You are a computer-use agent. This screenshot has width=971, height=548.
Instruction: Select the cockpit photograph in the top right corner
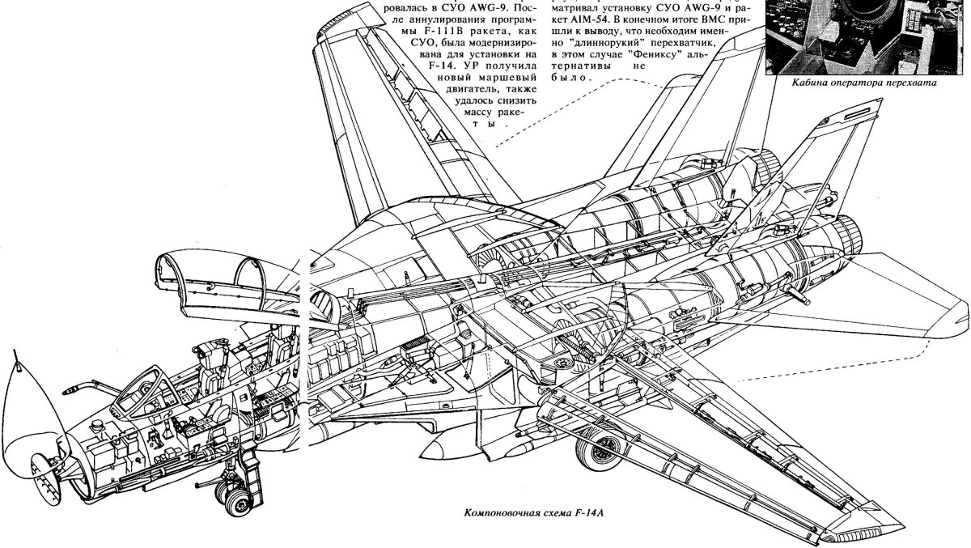[x=867, y=36]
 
